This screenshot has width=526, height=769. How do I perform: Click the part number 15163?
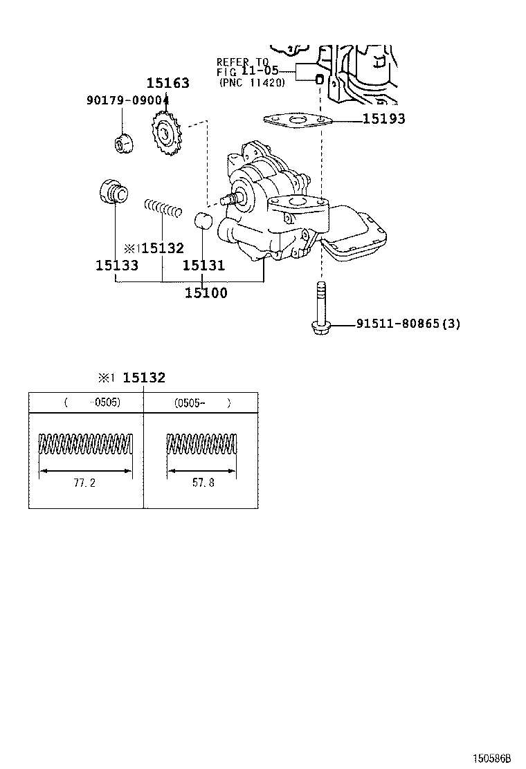coord(167,84)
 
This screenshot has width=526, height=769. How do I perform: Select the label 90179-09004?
coord(128,100)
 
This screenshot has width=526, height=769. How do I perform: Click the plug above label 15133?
coord(111,191)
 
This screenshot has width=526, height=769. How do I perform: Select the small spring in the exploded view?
coord(163,207)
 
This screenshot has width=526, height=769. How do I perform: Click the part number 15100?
coord(206,293)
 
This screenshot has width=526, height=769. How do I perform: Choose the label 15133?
coord(117,266)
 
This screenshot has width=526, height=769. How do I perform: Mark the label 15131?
coord(203,266)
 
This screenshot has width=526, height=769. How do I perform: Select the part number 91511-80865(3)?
coord(408,324)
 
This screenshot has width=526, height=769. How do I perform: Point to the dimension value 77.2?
coord(84,483)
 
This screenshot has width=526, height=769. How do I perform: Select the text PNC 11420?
coord(252,82)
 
